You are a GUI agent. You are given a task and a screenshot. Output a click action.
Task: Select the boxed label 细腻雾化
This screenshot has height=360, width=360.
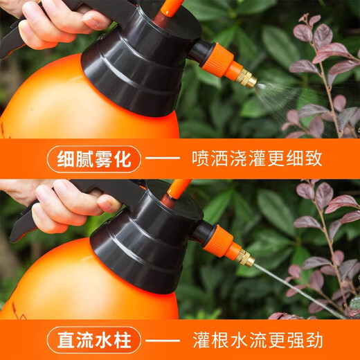click(x=93, y=159)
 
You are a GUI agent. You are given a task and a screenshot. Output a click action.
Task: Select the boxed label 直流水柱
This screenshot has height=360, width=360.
click(x=93, y=340)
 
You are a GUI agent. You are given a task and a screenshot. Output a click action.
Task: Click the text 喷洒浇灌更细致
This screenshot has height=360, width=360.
click(x=257, y=159)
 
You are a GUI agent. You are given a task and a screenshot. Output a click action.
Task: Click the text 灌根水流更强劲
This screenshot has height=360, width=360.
click(x=257, y=340)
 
